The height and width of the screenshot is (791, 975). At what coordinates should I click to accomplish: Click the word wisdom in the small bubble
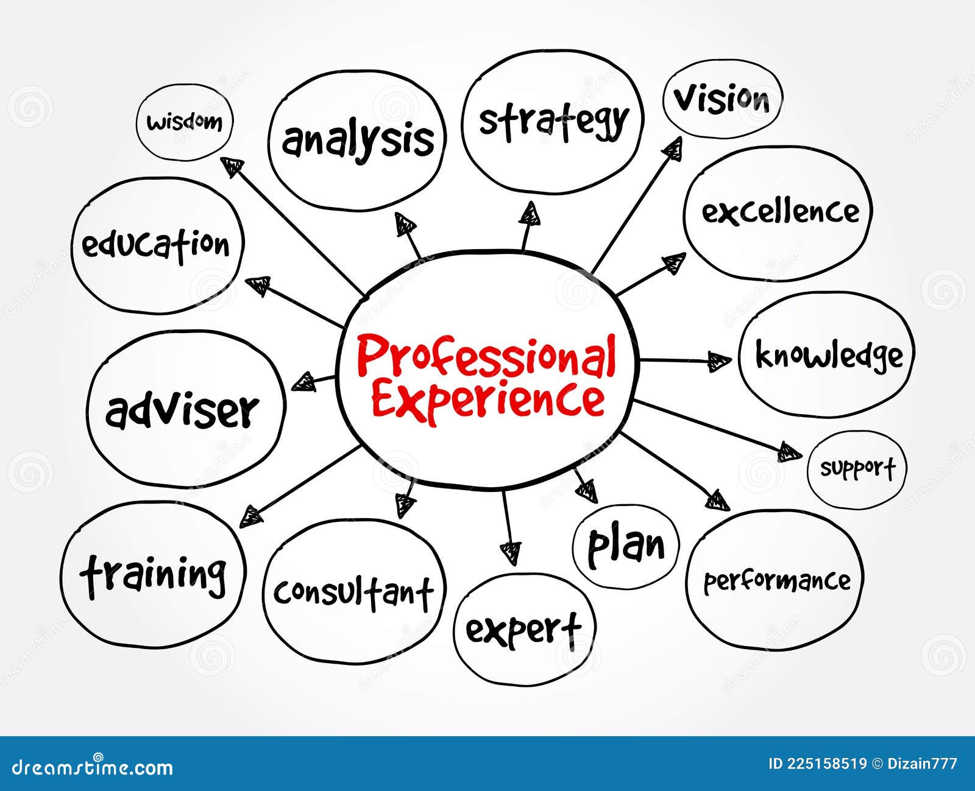pyautogui.click(x=185, y=122)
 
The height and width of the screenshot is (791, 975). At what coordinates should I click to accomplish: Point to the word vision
pyautogui.click(x=722, y=99)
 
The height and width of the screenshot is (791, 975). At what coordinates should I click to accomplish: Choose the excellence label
pyautogui.click(x=780, y=212)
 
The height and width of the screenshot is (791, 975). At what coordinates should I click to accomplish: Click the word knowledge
pyautogui.click(x=829, y=356)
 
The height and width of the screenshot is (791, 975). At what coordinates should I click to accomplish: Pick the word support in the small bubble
pyautogui.click(x=857, y=468)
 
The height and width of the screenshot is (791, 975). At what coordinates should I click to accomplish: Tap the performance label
pyautogui.click(x=777, y=581)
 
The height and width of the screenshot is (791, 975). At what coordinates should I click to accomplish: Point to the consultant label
pyautogui.click(x=353, y=591)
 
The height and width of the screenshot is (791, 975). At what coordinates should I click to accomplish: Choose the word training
pyautogui.click(x=154, y=574)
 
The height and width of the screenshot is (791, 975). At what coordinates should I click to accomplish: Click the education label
pyautogui.click(x=156, y=245)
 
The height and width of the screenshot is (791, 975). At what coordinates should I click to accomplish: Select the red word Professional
pyautogui.click(x=486, y=357)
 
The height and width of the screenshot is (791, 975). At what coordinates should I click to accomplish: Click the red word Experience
pyautogui.click(x=488, y=399)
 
